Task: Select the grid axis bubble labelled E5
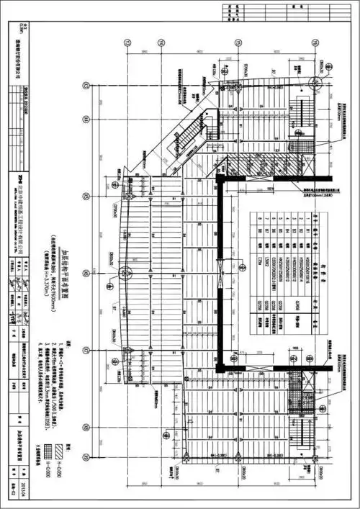pos(86,196)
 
